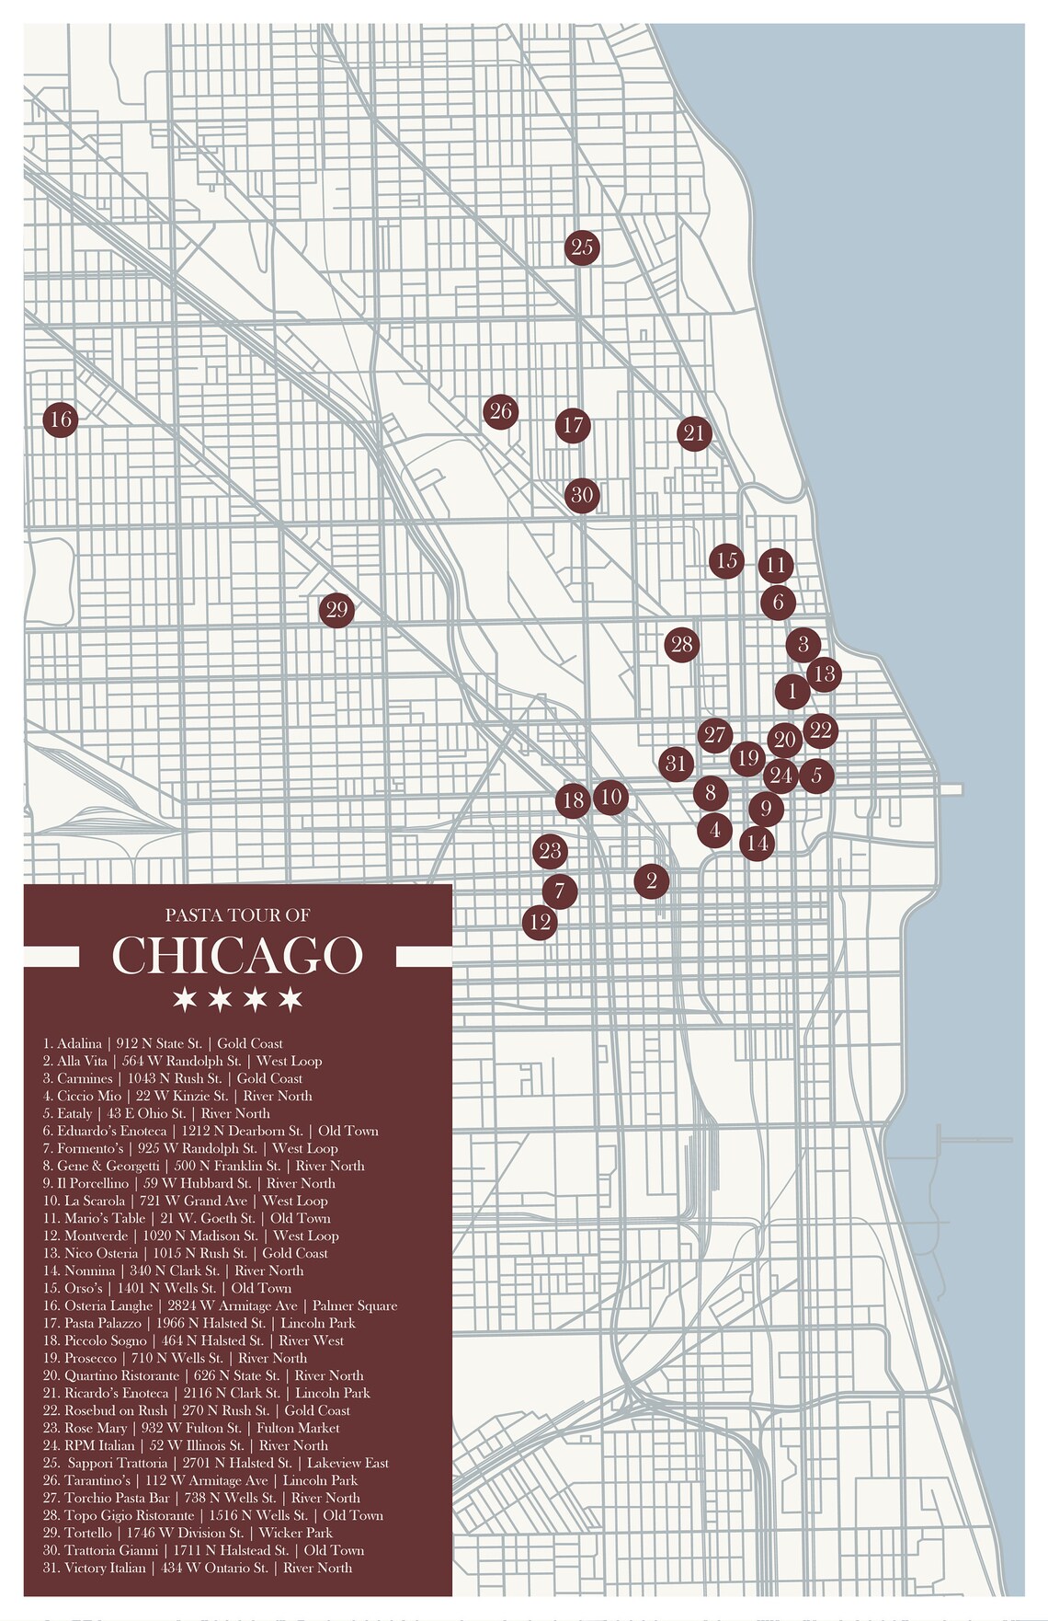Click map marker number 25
(x=581, y=247)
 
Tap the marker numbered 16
(x=61, y=420)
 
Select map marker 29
(x=336, y=609)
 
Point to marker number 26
(x=500, y=411)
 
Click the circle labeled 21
(x=694, y=432)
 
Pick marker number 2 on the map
(x=651, y=880)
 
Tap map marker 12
(x=540, y=921)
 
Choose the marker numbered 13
(x=825, y=673)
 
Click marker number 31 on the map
(x=676, y=763)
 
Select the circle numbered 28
(x=681, y=644)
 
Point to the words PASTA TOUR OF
(x=237, y=914)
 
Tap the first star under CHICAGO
(x=185, y=998)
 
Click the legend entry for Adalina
(x=163, y=1043)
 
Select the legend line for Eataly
(x=156, y=1113)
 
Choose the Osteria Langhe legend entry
(x=219, y=1305)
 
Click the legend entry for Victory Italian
(x=197, y=1568)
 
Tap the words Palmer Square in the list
(x=355, y=1305)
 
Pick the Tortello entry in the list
(x=188, y=1533)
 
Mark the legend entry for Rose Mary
(x=191, y=1428)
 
